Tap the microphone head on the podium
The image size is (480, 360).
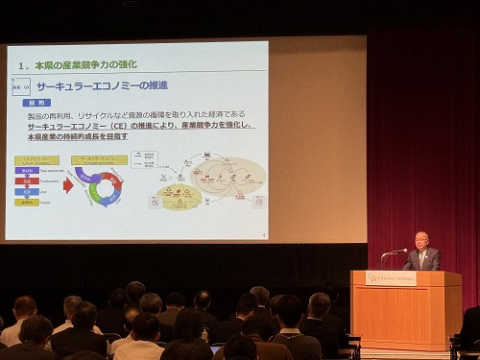(x=404, y=251)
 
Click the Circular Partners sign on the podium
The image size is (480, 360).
(x=391, y=278)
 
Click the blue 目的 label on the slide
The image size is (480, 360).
(x=35, y=100)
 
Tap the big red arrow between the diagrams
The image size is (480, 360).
(x=68, y=184)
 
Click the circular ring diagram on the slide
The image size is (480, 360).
(x=100, y=185)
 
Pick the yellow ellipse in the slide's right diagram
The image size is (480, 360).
(x=180, y=197)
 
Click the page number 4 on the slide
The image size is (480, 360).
(x=264, y=232)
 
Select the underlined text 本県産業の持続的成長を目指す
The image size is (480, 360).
(x=77, y=136)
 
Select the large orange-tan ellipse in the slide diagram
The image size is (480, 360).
(x=228, y=178)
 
